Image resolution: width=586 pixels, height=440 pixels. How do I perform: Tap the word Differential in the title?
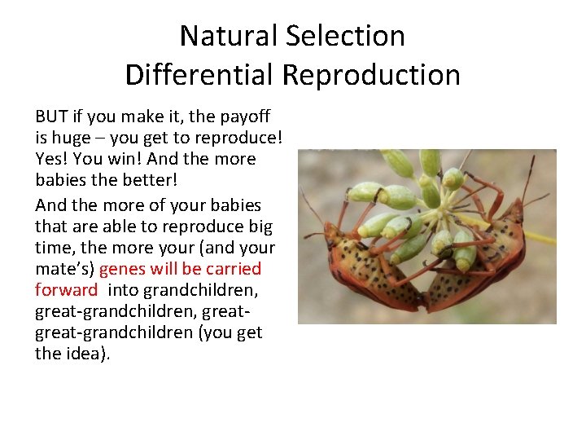pos(200,75)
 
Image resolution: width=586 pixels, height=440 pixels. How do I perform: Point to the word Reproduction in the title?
pos(371,75)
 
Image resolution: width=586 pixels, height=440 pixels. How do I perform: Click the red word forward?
pos(66,290)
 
